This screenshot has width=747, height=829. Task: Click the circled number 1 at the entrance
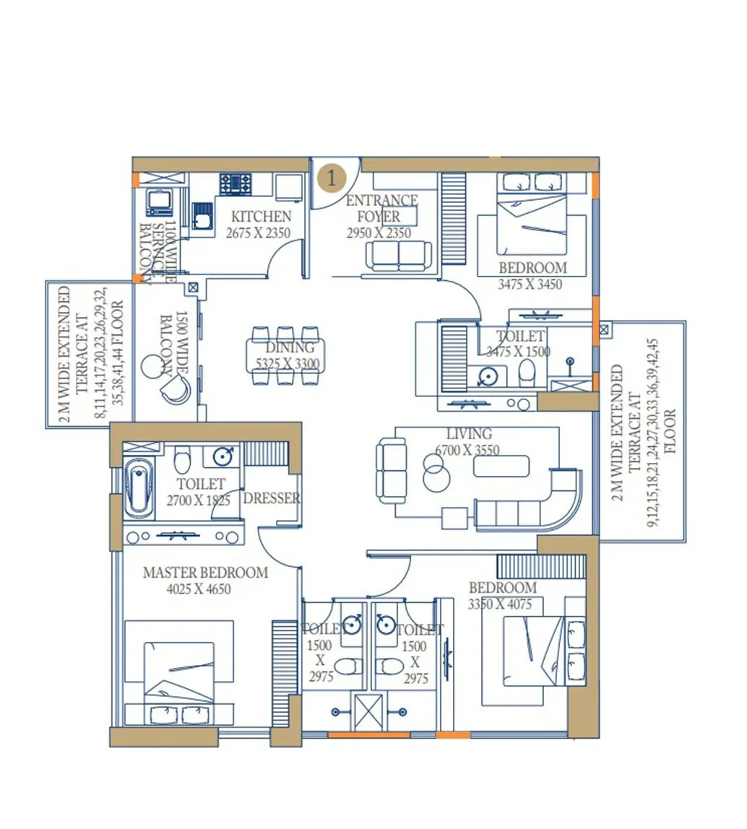332,178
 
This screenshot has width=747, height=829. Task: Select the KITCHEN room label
261,217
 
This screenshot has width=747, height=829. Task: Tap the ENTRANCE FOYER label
381,208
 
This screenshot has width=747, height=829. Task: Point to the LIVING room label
469,434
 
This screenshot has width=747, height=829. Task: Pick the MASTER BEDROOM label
205,573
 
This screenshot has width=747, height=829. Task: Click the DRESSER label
272,498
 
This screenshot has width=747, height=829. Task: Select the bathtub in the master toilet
139,488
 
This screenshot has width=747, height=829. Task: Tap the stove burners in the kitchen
236,183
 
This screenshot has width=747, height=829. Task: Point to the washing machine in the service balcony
159,202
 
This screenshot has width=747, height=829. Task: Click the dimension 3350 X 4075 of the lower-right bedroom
500,604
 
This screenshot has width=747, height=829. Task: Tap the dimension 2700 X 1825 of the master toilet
198,500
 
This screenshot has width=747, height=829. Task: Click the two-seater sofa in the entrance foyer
399,256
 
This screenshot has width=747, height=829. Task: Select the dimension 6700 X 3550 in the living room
467,451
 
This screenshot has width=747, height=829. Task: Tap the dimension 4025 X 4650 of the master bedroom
198,589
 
